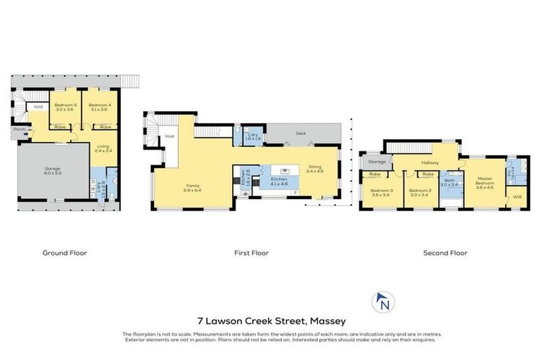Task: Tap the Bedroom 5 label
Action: pos(65,107)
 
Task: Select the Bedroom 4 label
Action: pos(98,107)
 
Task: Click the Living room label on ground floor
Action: pos(103,148)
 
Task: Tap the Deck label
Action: pos(301,132)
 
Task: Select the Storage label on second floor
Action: pos(375,162)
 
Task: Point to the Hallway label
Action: pos(430,163)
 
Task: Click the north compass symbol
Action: pos(383,303)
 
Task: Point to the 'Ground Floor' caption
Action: pos(65,253)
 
